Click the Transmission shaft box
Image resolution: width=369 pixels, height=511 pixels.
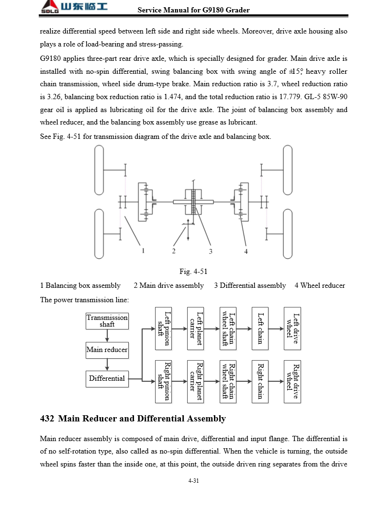pos(107,321)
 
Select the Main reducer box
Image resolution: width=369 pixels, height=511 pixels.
pos(107,350)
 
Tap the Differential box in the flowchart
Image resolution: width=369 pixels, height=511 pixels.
pos(107,378)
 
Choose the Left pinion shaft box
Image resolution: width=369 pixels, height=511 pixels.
pos(164,329)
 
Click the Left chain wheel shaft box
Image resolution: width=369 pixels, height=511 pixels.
pos(228,329)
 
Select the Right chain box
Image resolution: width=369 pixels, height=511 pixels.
pos(260,381)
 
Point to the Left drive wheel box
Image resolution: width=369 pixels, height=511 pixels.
pos(292,329)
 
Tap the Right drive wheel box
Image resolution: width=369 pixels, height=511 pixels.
pos(292,381)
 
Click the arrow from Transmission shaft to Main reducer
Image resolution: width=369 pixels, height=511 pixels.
pos(107,335)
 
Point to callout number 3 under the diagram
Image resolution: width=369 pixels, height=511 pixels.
pos(210,251)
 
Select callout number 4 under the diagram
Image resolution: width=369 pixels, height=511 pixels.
pos(246,251)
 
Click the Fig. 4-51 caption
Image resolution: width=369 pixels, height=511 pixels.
pos(193,272)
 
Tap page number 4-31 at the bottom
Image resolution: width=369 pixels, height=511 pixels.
pos(193,481)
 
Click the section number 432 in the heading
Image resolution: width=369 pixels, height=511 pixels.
pos(47,419)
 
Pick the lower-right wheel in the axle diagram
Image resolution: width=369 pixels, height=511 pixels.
pos(288,234)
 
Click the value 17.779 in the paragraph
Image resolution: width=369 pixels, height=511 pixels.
pos(290,97)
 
